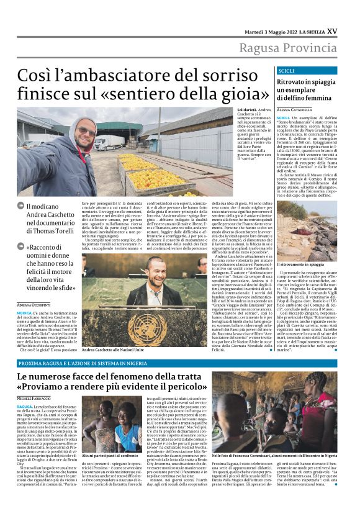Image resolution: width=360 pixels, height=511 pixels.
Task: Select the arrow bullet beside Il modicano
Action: [x=20, y=206]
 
